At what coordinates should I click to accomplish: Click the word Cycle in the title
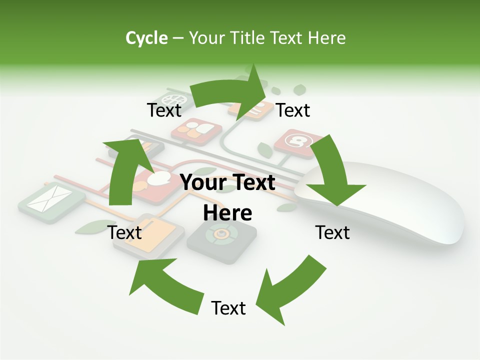tap(146, 38)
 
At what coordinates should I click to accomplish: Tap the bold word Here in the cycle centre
tap(227, 213)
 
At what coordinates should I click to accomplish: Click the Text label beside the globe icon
tap(164, 110)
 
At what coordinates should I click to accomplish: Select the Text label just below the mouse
tap(332, 232)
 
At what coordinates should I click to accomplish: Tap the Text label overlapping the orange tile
tap(125, 232)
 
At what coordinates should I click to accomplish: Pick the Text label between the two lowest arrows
tap(228, 308)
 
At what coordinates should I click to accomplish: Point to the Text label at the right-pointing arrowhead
tap(293, 110)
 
